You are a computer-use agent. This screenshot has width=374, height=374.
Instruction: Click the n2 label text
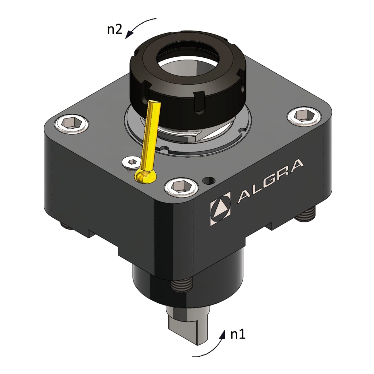coord(115,29)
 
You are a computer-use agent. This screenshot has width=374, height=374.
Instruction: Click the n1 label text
coord(238,334)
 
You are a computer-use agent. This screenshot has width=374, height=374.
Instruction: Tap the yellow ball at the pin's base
coord(145,176)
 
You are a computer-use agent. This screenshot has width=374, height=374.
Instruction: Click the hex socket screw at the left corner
coord(71,125)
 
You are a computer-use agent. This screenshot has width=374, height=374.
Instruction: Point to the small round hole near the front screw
coord(209,181)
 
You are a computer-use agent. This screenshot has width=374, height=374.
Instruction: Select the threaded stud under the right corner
coord(307,215)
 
